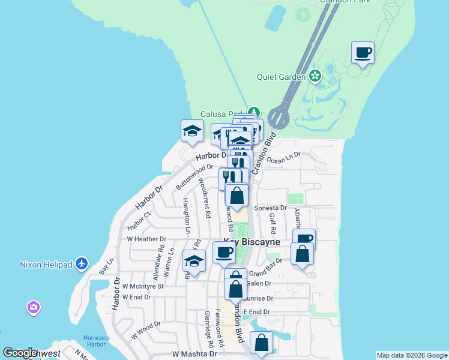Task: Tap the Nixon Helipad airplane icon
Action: [x=82, y=264]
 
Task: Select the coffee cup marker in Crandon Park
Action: [x=363, y=53]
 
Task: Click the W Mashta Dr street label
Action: [x=194, y=355]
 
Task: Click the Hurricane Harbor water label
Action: [x=96, y=341]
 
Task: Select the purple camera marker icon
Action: [x=34, y=308]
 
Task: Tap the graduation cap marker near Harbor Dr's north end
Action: [x=191, y=131]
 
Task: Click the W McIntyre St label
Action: [x=143, y=287]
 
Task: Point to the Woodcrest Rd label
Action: [x=204, y=198]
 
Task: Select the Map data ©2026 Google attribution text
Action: [x=412, y=355]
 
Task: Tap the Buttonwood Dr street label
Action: [x=194, y=176]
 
